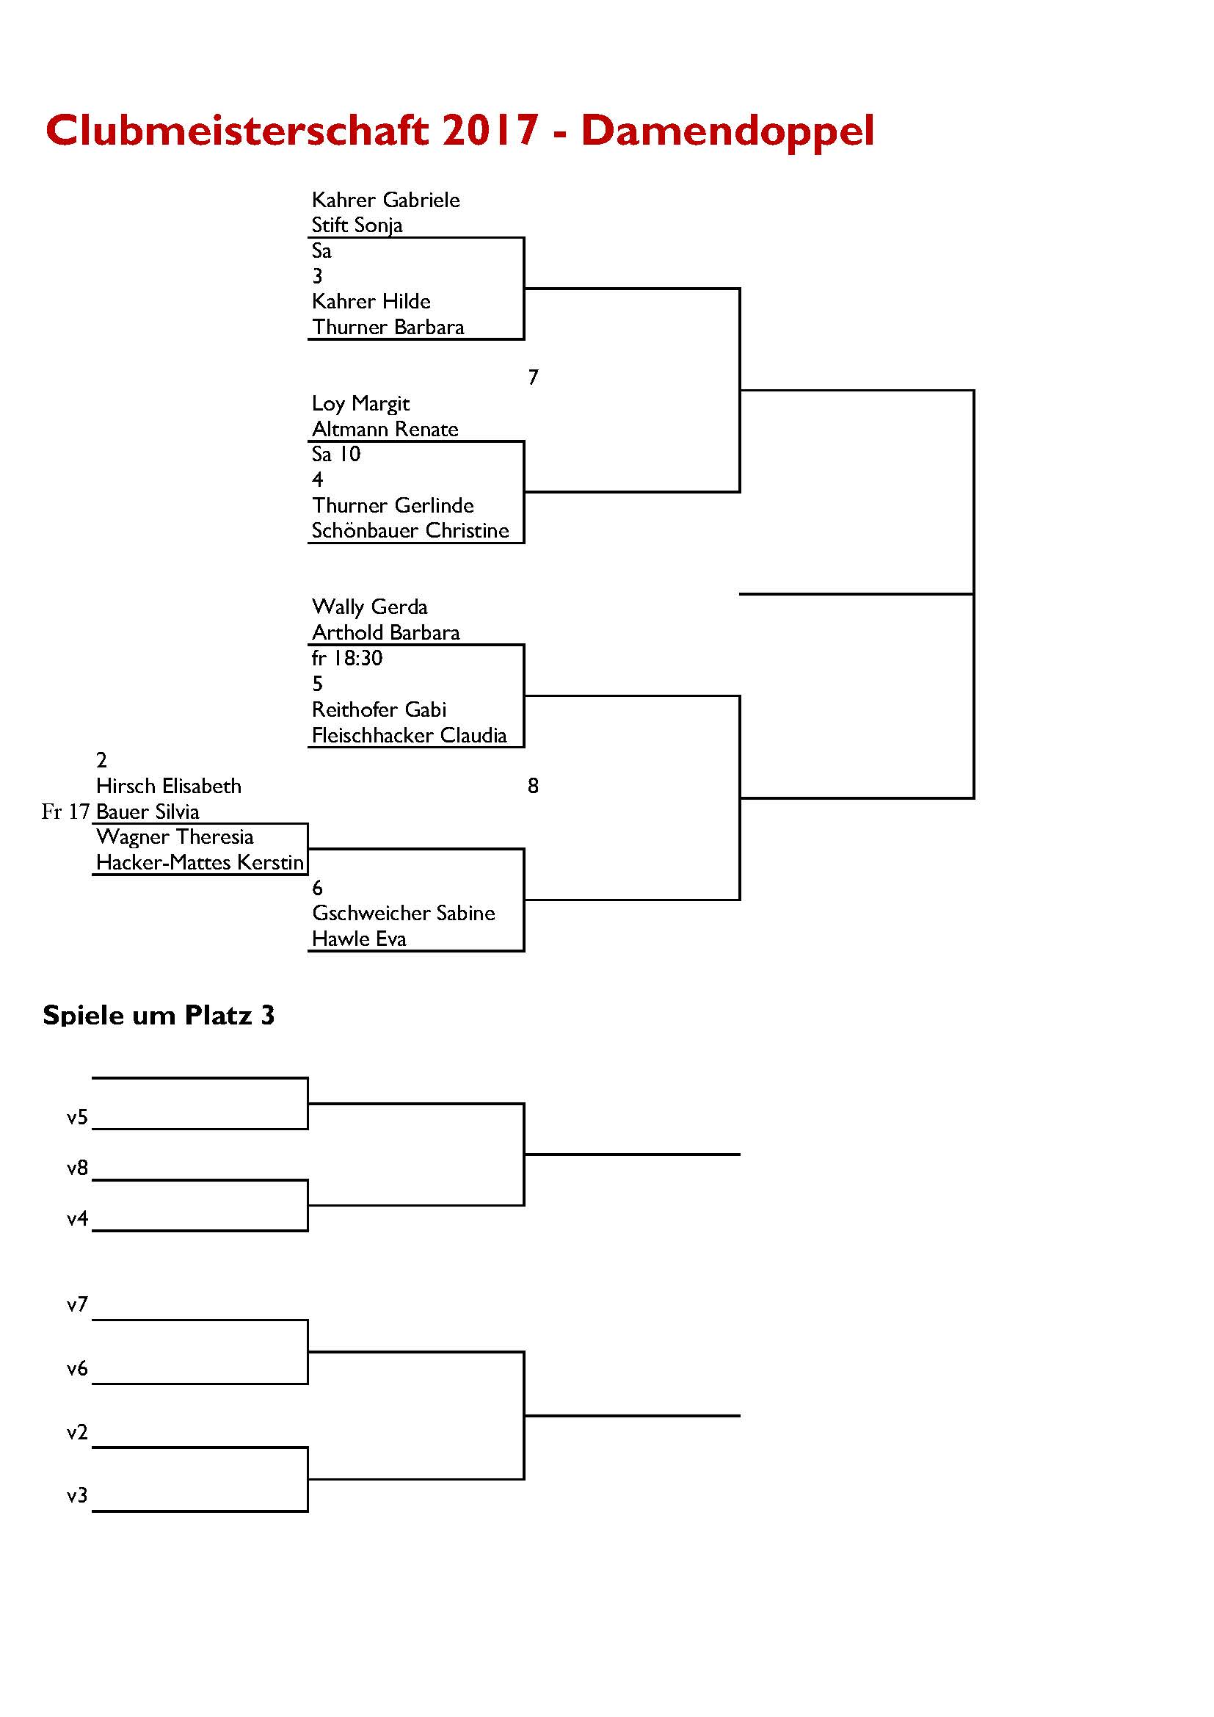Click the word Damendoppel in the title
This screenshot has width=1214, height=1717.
tap(727, 131)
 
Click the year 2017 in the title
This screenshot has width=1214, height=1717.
tap(490, 130)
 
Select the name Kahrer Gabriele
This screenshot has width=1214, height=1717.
tap(386, 200)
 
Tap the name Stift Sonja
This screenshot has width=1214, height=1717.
tap(357, 225)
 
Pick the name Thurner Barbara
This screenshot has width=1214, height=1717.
tap(388, 327)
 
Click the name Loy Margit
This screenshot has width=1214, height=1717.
tap(360, 404)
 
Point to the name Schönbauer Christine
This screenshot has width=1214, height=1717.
tap(410, 530)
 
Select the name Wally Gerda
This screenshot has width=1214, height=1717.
tap(369, 607)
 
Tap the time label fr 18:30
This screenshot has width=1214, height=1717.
tap(347, 658)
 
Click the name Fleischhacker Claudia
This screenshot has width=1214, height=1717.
tap(409, 735)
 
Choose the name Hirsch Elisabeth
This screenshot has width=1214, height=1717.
tap(169, 786)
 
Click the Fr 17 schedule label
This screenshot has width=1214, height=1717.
tap(66, 811)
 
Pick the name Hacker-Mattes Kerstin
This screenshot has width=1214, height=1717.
tap(200, 862)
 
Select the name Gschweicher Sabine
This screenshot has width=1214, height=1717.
tap(404, 913)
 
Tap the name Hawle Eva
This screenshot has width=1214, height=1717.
tap(359, 939)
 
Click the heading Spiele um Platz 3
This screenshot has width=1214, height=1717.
tap(159, 1015)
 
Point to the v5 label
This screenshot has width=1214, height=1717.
tap(78, 1117)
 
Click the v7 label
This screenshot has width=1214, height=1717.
tap(78, 1304)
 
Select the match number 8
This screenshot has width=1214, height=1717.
tap(533, 786)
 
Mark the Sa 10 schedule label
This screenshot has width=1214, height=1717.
tap(336, 454)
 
